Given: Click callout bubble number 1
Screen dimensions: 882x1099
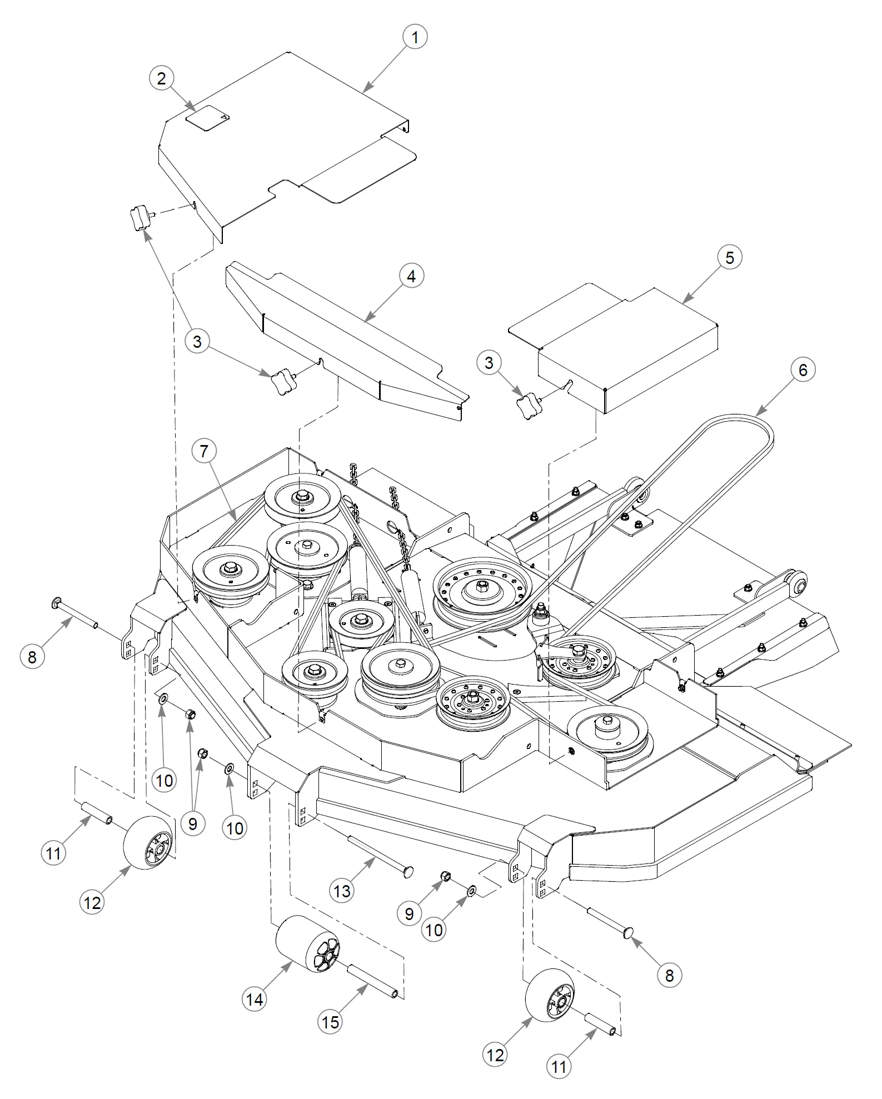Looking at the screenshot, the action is tap(414, 37).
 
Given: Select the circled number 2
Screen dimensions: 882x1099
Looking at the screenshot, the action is tap(161, 78).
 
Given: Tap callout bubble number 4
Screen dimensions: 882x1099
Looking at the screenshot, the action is tap(411, 276).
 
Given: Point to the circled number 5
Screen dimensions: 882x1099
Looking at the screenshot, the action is tap(729, 258).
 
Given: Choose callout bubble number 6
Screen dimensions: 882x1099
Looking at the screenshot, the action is tap(803, 369).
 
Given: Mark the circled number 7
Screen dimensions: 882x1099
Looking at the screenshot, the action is tap(204, 451).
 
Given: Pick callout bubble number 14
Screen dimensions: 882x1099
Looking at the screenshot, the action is tap(255, 1000).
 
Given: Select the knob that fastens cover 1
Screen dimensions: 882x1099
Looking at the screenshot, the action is tap(141, 216).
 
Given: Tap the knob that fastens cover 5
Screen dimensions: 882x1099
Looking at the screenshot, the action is tap(529, 406).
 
